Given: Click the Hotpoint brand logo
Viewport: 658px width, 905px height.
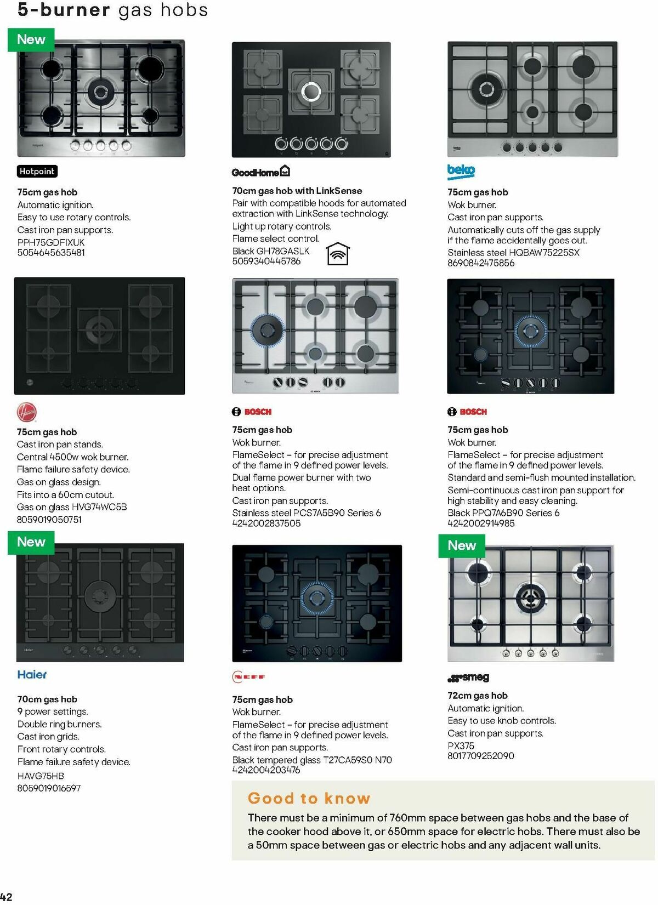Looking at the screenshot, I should [x=37, y=172].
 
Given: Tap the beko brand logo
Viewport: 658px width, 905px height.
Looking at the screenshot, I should [x=461, y=171].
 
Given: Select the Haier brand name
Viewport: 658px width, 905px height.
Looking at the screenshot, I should [x=32, y=675].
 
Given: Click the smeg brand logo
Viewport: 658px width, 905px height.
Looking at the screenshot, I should [x=468, y=678].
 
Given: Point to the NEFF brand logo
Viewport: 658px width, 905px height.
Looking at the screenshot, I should [x=249, y=677].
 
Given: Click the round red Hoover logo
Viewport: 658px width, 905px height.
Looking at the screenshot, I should [x=26, y=412].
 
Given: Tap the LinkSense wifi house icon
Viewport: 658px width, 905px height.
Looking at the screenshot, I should [x=338, y=254].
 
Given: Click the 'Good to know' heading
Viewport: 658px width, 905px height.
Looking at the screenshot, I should [x=309, y=798].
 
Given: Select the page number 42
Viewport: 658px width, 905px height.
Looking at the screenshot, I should [x=6, y=897].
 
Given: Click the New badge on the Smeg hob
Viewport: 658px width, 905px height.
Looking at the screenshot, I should [x=462, y=545].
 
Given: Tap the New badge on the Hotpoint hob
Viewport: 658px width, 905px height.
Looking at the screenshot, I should [x=31, y=39].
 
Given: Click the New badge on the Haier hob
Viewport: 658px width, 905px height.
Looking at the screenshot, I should [x=31, y=542].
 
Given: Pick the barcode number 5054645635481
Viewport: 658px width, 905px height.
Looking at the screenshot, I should [x=51, y=253].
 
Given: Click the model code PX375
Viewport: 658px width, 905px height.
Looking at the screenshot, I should [x=461, y=745].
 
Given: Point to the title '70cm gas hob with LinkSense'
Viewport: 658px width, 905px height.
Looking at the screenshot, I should [x=297, y=191].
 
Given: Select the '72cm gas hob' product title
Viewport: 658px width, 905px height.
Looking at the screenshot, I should [x=477, y=696].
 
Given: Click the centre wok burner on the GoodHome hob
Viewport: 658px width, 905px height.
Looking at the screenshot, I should [x=310, y=91].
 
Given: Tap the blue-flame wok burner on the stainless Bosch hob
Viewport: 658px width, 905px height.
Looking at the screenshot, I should [x=268, y=330].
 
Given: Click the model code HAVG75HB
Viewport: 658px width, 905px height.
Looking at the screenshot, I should [x=41, y=776].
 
